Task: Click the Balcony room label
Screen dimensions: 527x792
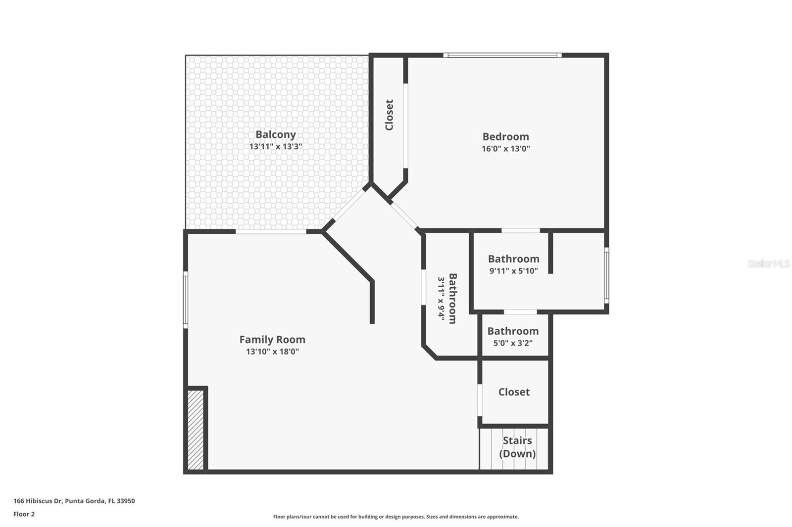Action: coord(276,134)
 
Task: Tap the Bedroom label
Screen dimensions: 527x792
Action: coord(505,136)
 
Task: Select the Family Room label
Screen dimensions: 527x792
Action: coord(272,340)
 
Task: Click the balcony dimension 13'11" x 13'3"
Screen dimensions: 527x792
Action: coord(276,147)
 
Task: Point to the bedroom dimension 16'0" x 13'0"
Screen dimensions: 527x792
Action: coord(505,149)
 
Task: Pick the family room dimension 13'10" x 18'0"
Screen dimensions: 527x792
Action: coord(272,352)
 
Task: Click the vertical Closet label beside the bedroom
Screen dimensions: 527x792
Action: coord(389,115)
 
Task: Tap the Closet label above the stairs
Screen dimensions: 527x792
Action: coord(514,392)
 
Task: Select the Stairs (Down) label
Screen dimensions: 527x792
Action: coord(517,447)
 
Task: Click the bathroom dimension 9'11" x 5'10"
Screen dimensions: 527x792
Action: coord(513,271)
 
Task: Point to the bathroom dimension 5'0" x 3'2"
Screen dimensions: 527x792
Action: coord(513,343)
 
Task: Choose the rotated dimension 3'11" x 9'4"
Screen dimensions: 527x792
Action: coord(442,299)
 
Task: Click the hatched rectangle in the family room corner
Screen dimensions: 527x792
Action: coord(196,430)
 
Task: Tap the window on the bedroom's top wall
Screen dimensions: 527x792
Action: coord(502,55)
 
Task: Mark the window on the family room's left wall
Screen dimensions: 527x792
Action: coord(186,299)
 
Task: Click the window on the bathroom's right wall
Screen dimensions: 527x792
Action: coord(606,275)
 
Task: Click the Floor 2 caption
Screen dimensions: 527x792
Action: coord(24,514)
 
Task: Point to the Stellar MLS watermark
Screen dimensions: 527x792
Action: coord(768,263)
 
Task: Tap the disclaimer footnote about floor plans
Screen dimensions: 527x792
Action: coord(396,517)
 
